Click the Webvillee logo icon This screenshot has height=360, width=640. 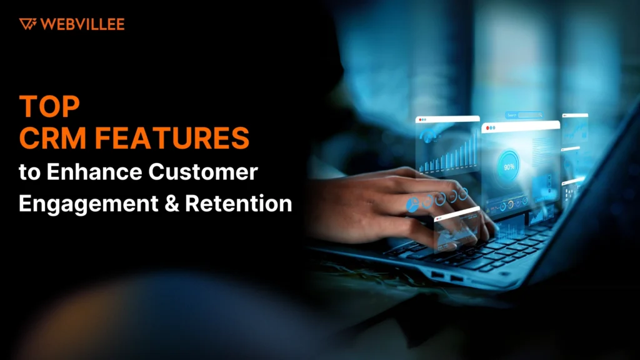(27, 24)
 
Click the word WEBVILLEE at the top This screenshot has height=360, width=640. (82, 24)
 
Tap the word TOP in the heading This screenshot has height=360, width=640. (49, 106)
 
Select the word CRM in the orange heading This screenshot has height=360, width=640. (53, 138)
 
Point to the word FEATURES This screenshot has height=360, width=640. (172, 138)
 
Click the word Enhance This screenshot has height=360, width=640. (95, 171)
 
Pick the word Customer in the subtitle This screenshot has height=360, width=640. (203, 171)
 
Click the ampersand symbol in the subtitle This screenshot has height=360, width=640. (172, 203)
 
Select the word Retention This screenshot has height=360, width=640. (239, 203)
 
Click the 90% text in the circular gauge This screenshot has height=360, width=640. (509, 167)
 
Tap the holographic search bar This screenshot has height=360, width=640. (524, 115)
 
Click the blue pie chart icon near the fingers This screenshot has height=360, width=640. (412, 204)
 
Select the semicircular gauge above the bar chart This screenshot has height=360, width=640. (427, 135)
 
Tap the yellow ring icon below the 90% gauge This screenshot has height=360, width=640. (510, 204)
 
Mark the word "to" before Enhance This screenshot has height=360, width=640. (30, 172)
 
